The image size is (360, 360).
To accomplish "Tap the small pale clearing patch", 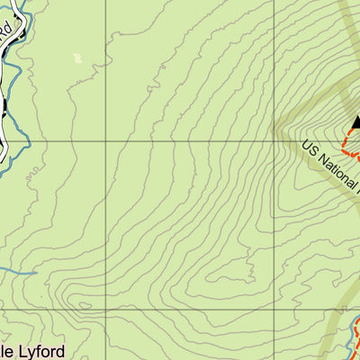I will pyautogui.click(x=77, y=58).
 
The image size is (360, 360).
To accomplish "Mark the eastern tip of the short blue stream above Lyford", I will pyautogui.click(x=36, y=272).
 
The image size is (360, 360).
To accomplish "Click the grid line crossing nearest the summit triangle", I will pyautogui.click(x=274, y=141).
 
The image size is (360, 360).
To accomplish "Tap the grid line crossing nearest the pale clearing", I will pyautogui.click(x=113, y=141).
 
